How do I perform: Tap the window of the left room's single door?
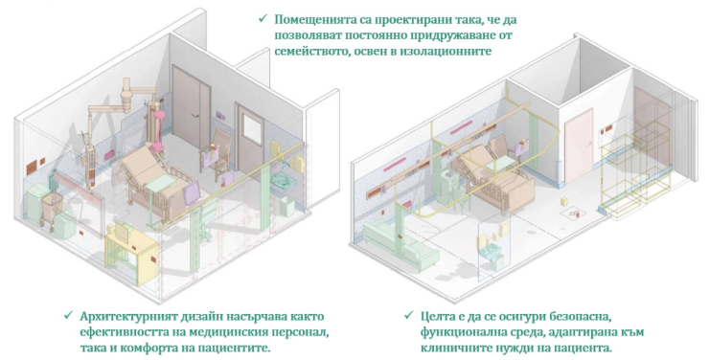point(252,129)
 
